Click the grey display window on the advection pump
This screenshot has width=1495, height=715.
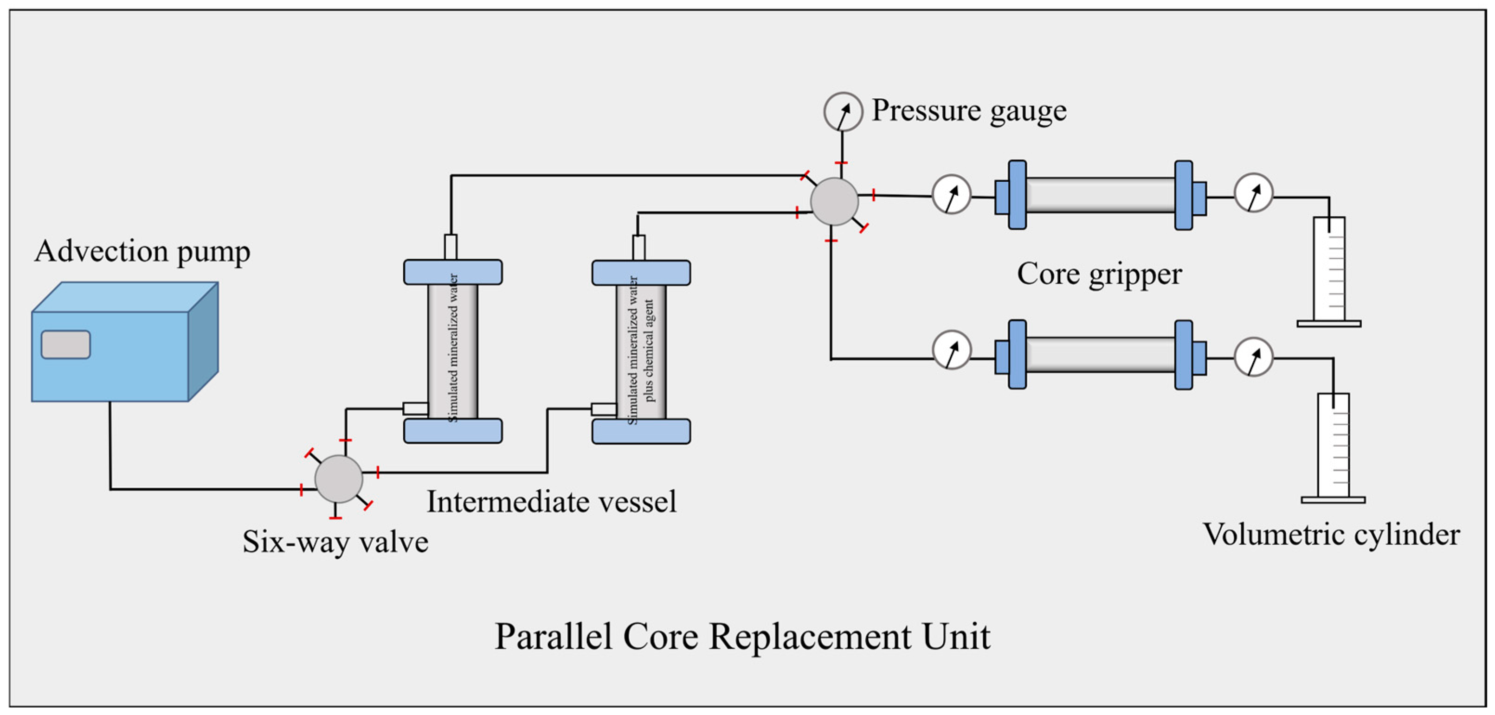pos(65,345)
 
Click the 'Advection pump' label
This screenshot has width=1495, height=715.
pos(142,252)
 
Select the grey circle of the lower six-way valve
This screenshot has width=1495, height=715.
pos(338,479)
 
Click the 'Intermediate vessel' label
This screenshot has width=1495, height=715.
pos(551,502)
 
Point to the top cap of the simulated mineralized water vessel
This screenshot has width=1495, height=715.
pos(453,272)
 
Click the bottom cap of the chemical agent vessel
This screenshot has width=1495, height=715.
pos(641,431)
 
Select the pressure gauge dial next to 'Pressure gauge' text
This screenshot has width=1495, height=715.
pos(843,111)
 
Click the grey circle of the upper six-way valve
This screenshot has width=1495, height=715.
pos(834,201)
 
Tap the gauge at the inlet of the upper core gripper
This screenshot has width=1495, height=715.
pos(951,194)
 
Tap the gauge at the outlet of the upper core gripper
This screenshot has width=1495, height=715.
pos(1254,192)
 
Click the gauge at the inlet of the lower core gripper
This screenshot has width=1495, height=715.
pos(951,350)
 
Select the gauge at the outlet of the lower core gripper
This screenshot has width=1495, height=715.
pos(1254,357)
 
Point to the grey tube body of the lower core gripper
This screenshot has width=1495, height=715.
pos(1100,354)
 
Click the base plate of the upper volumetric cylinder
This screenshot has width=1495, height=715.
pos(1328,324)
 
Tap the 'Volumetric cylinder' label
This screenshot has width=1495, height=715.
pos(1331,535)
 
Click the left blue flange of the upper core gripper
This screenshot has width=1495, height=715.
pos(1017,195)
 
